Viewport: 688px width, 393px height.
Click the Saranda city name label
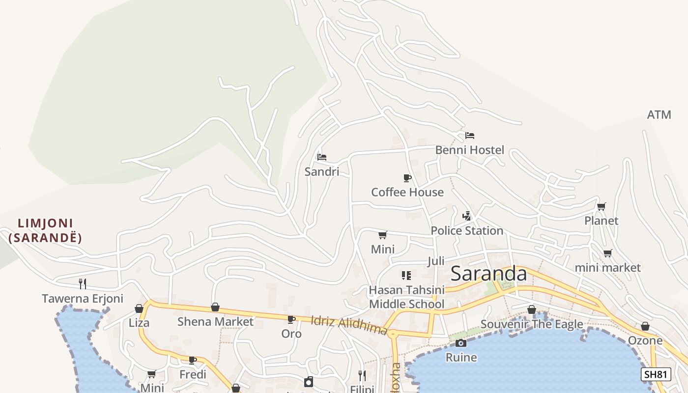coord(488,274)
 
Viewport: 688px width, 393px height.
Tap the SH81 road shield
coord(656,374)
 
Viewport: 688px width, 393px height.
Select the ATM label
coord(659,115)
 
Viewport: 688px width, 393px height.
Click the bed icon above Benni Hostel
coord(470,135)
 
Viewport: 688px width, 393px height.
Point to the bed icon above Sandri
coord(322,157)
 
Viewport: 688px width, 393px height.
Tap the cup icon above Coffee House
coord(407,178)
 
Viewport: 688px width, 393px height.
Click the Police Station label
coord(467,230)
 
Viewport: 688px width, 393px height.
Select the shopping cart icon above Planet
coord(601,206)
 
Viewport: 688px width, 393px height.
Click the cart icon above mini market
coord(608,253)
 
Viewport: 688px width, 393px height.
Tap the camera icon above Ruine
coord(461,343)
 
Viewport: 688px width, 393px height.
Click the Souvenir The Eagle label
coord(532,324)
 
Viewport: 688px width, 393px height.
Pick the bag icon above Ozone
coord(645,327)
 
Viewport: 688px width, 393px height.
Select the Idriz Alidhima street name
coord(349,325)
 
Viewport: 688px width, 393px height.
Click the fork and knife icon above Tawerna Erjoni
coord(83,283)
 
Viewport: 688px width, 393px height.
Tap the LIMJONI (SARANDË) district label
coord(45,230)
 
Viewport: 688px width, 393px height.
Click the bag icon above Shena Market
coord(215,308)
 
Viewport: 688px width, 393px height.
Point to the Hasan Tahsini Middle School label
coord(406,297)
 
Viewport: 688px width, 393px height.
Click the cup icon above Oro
coord(291,319)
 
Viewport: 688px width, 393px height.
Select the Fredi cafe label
coord(193,374)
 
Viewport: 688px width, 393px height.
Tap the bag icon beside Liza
coord(139,309)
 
